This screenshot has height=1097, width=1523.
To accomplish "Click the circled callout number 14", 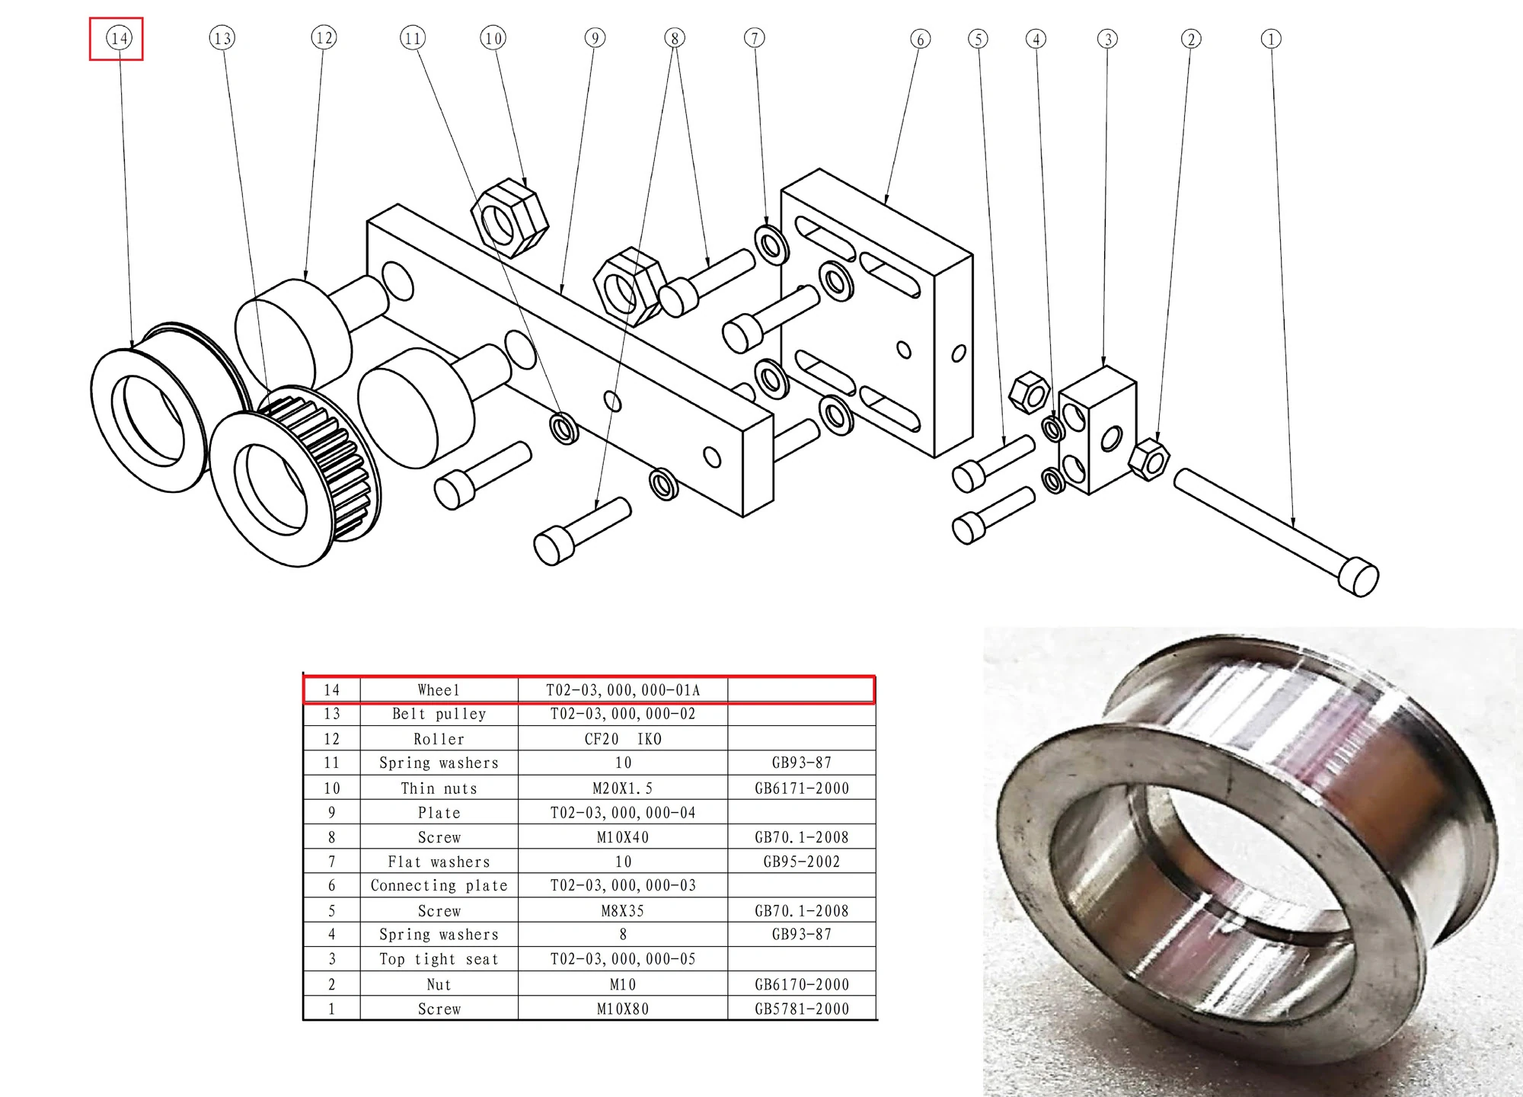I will point(119,38).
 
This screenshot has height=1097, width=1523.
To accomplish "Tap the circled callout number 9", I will point(595,38).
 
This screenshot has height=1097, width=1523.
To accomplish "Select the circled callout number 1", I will point(1271,39).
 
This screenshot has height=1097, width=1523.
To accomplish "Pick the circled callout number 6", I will point(920,39).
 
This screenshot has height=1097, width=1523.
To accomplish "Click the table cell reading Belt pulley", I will point(439,714).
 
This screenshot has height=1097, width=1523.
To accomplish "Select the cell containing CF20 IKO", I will point(622,739).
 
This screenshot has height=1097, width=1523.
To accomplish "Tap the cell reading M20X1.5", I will point(622,788).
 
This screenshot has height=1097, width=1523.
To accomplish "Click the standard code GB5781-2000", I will point(801,1009).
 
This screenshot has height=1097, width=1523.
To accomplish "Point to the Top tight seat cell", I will point(439,959).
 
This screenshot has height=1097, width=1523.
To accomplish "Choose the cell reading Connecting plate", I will point(439,885).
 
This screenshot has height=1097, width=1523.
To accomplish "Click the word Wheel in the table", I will point(439,690).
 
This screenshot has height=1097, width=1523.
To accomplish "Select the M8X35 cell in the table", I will point(622,910).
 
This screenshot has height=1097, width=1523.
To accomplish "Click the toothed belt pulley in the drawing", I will point(297,476).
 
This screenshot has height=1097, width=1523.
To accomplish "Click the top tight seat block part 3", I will point(1097,430).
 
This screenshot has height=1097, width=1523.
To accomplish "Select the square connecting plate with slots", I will point(876,312).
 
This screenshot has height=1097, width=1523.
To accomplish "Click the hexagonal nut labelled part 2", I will point(1148,459).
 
